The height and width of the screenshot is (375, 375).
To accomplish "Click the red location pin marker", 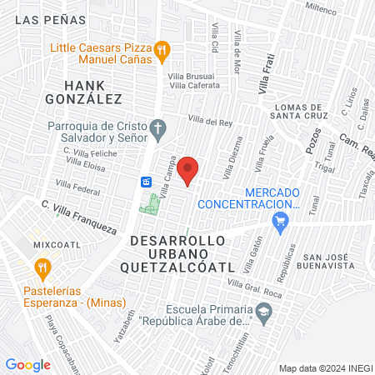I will (189, 170).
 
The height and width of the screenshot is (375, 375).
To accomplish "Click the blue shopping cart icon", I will (281, 220).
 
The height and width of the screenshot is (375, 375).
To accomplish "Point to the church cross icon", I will (161, 128).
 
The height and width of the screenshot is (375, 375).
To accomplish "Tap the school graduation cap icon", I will (264, 312).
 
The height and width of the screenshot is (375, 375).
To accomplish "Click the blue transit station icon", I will (146, 182).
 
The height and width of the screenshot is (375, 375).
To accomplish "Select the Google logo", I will (27, 364).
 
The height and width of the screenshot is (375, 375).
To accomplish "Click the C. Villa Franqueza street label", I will (78, 213).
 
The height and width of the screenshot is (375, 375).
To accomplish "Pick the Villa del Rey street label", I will (209, 122).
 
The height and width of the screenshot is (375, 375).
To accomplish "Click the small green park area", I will (150, 202).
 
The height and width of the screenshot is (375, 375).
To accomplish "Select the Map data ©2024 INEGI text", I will (325, 368).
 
